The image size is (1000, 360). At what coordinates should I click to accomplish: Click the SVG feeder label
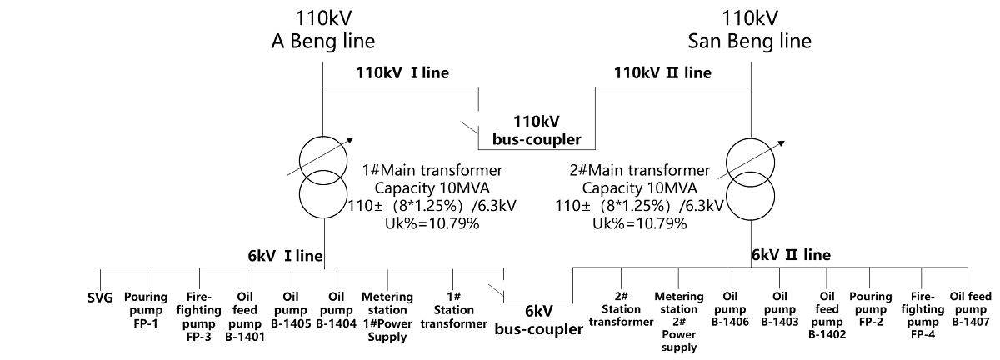pos(100,297)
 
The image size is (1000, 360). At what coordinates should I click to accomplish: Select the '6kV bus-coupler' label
pos(538,319)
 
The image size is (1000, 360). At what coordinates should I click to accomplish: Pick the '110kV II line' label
pos(662,72)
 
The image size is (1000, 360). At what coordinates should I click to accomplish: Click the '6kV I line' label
pos(286,254)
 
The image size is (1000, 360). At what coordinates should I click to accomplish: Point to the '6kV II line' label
pos(791,254)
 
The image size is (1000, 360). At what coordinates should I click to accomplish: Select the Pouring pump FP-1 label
pos(146,303)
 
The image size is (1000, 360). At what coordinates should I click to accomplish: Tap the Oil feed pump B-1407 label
pos(970,308)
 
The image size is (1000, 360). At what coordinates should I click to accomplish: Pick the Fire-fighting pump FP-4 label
pos(922,315)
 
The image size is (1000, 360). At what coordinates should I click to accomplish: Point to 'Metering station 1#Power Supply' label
pos(387,317)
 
